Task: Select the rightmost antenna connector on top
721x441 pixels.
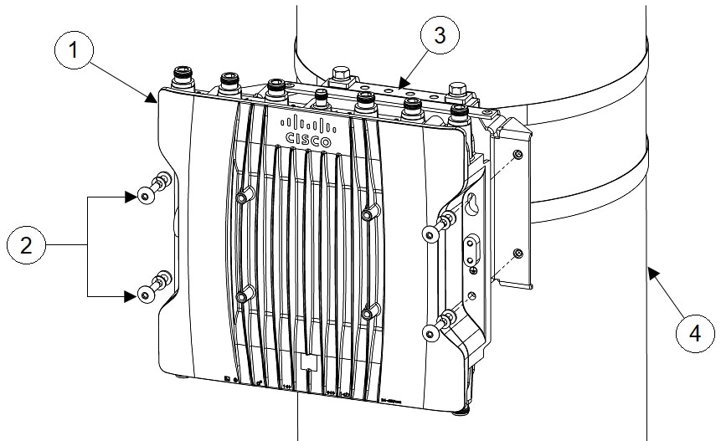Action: (458, 114)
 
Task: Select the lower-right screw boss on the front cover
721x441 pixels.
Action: (367, 314)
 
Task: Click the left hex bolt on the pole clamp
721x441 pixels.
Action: (339, 77)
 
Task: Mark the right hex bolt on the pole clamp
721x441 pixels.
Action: (456, 90)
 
